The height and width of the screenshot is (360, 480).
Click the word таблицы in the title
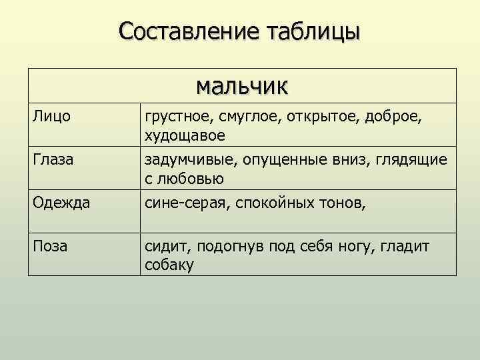313,31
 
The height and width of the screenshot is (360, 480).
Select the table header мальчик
242,85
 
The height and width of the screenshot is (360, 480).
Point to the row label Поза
50,247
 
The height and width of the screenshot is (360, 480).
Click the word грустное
176,117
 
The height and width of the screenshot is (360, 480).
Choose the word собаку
168,265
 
